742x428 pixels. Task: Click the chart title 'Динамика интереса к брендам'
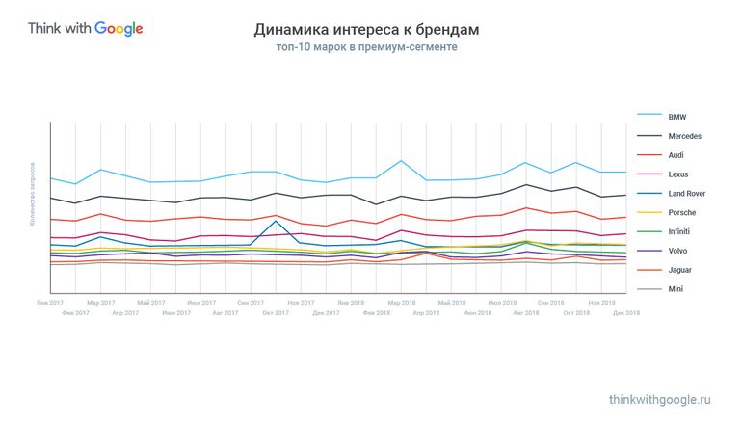pos(366,30)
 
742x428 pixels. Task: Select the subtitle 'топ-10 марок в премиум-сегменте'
pos(366,46)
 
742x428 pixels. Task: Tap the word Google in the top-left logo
pos(119,28)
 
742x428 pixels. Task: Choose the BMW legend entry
pos(676,116)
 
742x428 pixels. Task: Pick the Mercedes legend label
pos(684,135)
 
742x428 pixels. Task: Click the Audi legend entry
pos(676,154)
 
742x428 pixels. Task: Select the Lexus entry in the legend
pos(678,174)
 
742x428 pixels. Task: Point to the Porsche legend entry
pos(681,212)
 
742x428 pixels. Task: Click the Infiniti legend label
pos(680,231)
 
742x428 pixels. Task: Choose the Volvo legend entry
pos(678,251)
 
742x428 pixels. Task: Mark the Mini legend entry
pos(676,289)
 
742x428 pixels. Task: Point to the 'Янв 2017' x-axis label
pos(50,303)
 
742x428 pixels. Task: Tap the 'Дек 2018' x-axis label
pos(626,312)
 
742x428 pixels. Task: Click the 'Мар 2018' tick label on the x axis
pos(401,303)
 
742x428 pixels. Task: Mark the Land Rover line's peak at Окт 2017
pos(277,221)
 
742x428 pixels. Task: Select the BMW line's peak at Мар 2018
pos(401,161)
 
